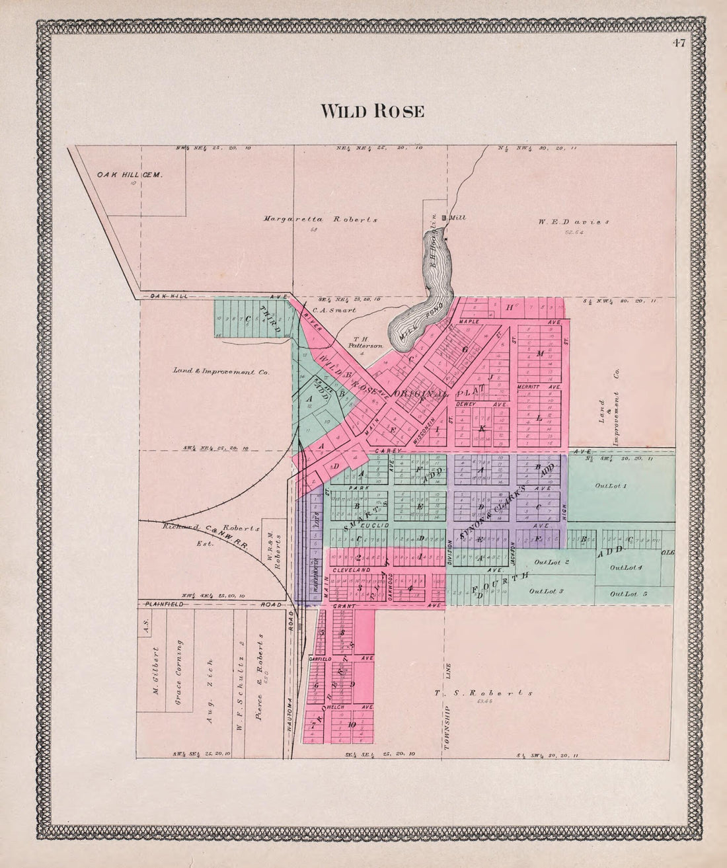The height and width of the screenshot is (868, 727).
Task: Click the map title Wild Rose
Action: [x=372, y=111]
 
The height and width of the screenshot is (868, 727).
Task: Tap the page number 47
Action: [x=679, y=44]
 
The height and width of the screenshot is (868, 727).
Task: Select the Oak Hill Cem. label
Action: [x=130, y=175]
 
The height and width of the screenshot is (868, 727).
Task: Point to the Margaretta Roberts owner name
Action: [x=321, y=219]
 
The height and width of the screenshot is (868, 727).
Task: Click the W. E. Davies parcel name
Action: [x=573, y=222]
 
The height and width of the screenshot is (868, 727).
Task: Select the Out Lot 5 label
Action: [x=629, y=594]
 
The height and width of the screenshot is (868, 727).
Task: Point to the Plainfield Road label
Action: [x=211, y=604]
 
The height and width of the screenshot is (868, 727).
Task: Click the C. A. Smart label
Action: [x=334, y=309]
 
